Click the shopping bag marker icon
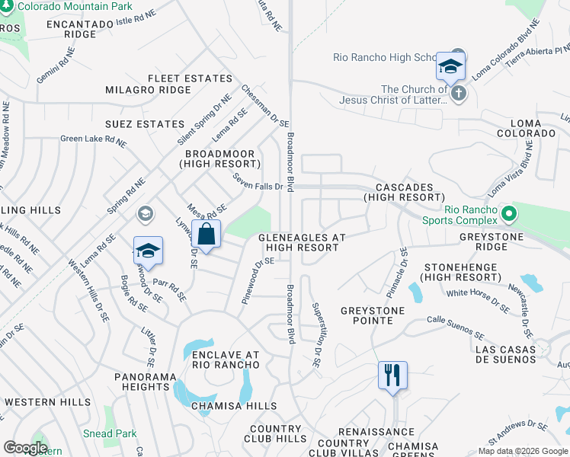206,234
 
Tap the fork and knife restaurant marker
392,375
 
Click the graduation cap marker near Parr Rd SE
148,251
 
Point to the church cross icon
458,94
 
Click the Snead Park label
110,433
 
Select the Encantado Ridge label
80,29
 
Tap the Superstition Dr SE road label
316,334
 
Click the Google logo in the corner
25,447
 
